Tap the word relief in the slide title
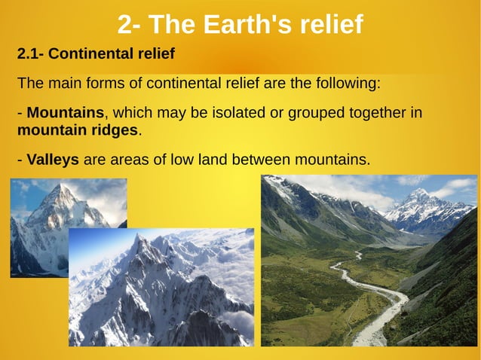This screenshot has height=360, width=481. click(327, 25)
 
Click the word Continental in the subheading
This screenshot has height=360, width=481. click(90, 54)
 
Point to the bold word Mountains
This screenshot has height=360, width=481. click(65, 113)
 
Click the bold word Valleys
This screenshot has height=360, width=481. click(53, 160)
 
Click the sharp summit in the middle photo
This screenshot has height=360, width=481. click(137, 239)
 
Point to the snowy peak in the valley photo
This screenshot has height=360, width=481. click(418, 196)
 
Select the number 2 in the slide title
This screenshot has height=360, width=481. click(125, 25)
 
